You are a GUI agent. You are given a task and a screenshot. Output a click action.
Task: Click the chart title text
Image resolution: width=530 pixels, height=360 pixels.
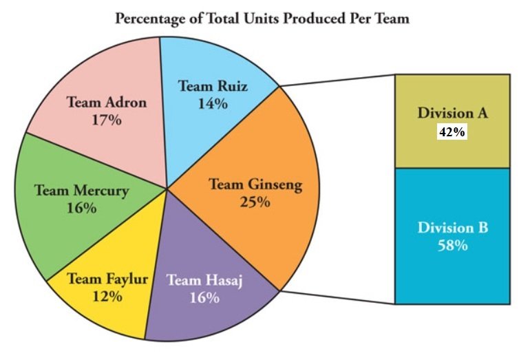point(262,19)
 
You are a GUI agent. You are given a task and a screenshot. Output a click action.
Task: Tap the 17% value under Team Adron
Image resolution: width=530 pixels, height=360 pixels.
point(107,119)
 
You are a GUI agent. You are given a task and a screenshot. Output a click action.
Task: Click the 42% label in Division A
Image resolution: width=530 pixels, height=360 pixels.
point(452,133)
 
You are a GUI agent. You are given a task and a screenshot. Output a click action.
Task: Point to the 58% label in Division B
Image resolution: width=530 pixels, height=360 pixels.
point(452,245)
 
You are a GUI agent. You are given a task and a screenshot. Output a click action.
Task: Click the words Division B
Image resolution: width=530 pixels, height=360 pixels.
point(452,228)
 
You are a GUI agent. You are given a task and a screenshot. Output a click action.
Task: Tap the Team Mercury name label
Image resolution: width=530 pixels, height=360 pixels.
point(81,191)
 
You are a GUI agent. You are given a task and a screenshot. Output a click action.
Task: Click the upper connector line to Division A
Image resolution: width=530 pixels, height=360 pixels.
point(337,80)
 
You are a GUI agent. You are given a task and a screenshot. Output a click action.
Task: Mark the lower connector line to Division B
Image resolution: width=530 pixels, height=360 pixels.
point(337,297)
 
